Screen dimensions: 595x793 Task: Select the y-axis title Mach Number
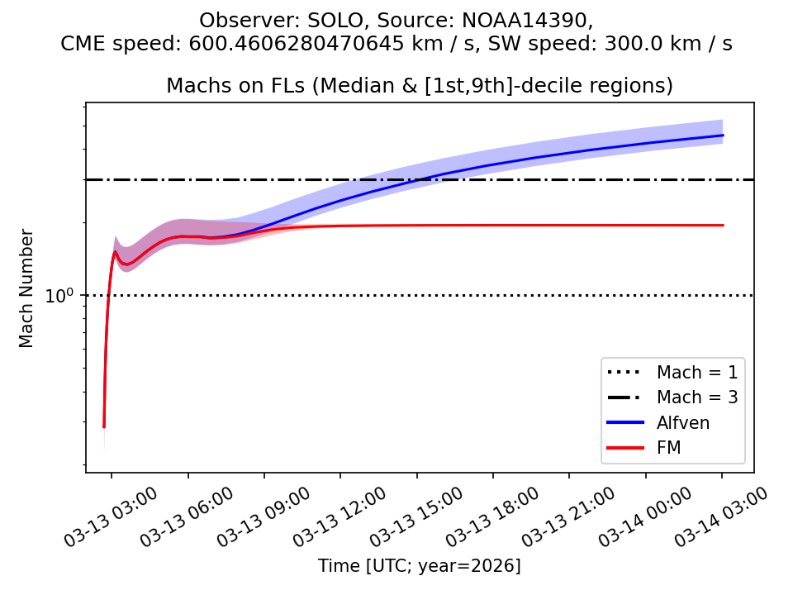[x=27, y=288]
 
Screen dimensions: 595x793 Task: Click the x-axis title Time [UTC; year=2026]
[x=419, y=566]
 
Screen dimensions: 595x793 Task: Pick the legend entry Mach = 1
[x=696, y=371]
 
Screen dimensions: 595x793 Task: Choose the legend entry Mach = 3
[x=696, y=397]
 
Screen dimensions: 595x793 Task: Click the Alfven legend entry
[x=682, y=422]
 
